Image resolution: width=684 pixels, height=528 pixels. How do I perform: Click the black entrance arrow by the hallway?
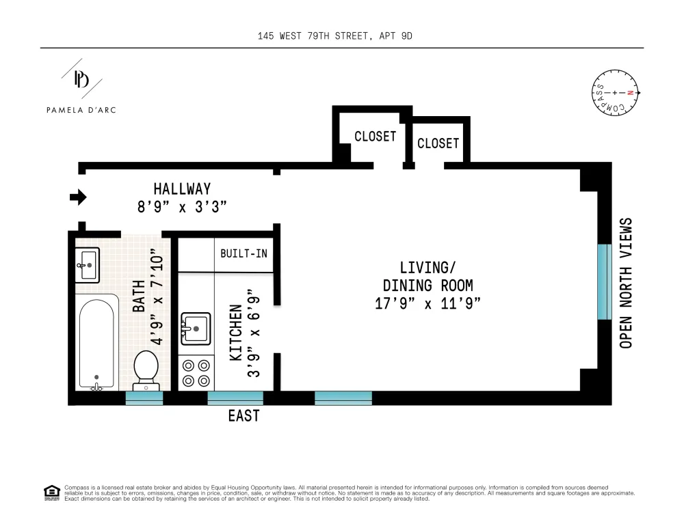point(79,197)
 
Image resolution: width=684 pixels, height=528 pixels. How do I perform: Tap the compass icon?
point(615,93)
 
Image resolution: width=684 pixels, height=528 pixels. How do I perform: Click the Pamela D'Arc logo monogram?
point(81,79)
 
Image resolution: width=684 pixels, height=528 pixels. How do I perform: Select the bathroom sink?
point(88,265)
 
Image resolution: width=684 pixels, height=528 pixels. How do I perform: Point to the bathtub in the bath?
point(97,343)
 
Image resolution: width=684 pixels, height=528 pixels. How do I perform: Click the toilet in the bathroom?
point(146,371)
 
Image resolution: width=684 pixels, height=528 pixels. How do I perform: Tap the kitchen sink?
point(196,329)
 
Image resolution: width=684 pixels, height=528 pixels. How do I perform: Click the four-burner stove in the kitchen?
point(196,373)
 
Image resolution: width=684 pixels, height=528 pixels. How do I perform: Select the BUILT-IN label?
point(244,253)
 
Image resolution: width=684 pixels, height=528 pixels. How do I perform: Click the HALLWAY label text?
point(183,189)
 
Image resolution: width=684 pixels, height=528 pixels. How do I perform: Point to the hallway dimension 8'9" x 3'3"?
point(183,206)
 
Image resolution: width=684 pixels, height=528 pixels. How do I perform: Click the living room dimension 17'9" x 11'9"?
point(428,303)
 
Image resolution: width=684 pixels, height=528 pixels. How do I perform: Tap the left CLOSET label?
point(375,137)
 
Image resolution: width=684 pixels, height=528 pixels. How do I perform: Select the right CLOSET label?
point(438,143)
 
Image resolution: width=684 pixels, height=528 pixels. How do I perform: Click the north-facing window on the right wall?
point(605,282)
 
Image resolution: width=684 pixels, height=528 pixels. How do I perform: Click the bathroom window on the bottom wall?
point(144,398)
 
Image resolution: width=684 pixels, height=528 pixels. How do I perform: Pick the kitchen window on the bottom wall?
point(235,398)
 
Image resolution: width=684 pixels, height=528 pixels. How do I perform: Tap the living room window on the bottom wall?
point(343,398)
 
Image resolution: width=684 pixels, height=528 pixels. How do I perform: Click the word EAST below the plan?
point(244,416)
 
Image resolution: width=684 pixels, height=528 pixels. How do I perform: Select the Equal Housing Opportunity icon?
point(52,492)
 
